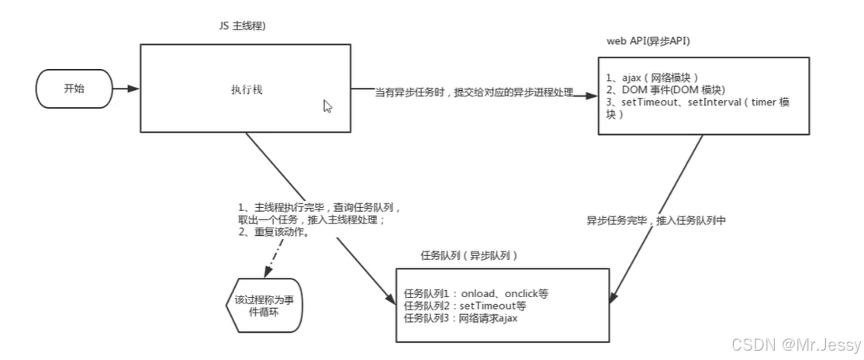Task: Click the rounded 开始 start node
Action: point(74,88)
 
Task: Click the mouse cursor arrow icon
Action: point(328,106)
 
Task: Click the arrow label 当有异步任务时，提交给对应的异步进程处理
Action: point(474,93)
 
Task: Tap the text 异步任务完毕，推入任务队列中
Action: point(655,220)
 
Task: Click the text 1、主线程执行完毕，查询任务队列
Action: point(318,207)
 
